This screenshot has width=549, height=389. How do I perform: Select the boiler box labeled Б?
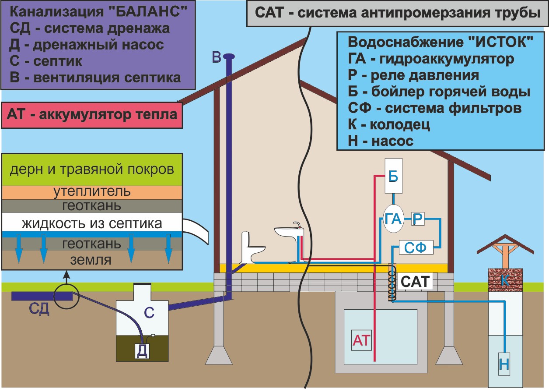click(392, 176)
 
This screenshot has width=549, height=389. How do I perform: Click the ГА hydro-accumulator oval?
click(392, 219)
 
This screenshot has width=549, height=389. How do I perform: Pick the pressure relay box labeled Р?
click(418, 218)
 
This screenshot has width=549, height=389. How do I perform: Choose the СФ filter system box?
click(416, 248)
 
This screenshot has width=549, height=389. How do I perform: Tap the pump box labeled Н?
click(504, 364)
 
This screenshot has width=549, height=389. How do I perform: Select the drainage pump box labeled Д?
click(141, 351)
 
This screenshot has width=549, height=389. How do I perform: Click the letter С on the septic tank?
click(149, 312)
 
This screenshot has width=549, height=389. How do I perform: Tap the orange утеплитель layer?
click(92, 192)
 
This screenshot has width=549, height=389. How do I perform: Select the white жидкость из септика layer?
click(92, 223)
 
